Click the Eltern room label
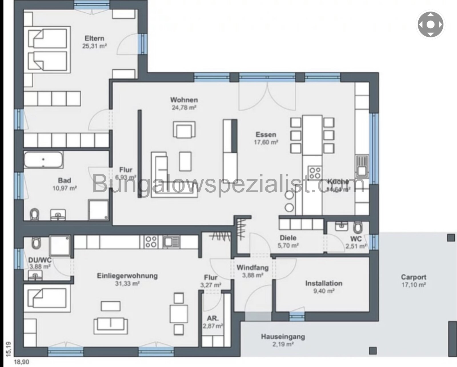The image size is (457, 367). [94, 38]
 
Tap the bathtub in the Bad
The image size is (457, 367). [43, 160]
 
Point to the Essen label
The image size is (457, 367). [266, 134]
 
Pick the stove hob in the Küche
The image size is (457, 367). [315, 173]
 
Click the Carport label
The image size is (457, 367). [413, 277]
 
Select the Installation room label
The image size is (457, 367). [324, 283]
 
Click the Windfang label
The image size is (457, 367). [252, 268]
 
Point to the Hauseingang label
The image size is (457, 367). [283, 337]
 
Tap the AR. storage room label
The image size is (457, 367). [213, 318]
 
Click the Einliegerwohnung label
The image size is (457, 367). [127, 276]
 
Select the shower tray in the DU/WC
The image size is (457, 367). [59, 245]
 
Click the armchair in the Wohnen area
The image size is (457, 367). [184, 129]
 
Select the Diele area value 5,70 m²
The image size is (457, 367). [288, 245]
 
